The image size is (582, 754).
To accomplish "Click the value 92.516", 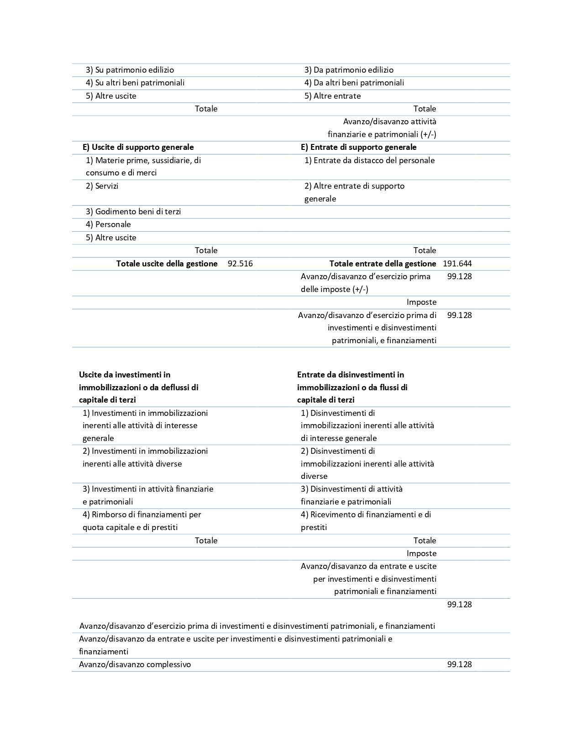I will pyautogui.click(x=240, y=264).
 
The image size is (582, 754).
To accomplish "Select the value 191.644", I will pyautogui.click(x=457, y=264).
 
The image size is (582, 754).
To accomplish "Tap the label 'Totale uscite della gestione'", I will pyautogui.click(x=167, y=264).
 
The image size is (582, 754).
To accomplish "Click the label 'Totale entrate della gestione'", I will pyautogui.click(x=383, y=264).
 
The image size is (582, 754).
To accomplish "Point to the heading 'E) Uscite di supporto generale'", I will pyautogui.click(x=138, y=147).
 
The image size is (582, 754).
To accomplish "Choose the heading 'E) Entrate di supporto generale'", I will pyautogui.click(x=358, y=147).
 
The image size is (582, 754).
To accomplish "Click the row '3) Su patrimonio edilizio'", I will pyautogui.click(x=130, y=70).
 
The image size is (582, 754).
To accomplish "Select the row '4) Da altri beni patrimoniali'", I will pyautogui.click(x=354, y=83).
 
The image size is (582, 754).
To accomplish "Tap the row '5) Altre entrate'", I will pyautogui.click(x=332, y=96).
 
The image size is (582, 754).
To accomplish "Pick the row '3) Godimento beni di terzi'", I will pyautogui.click(x=133, y=212).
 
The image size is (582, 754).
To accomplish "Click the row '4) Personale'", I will pyautogui.click(x=108, y=224).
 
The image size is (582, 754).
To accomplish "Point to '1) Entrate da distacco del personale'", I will pyautogui.click(x=369, y=160).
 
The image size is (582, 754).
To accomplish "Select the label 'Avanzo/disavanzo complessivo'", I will pyautogui.click(x=135, y=664).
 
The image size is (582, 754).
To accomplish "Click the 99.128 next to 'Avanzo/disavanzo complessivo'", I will pyautogui.click(x=459, y=664).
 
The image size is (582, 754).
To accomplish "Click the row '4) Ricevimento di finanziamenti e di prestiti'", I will pyautogui.click(x=366, y=521).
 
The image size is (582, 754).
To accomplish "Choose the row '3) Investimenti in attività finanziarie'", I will pyautogui.click(x=148, y=495).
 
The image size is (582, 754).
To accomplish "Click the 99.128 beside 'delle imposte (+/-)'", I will pyautogui.click(x=459, y=276).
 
